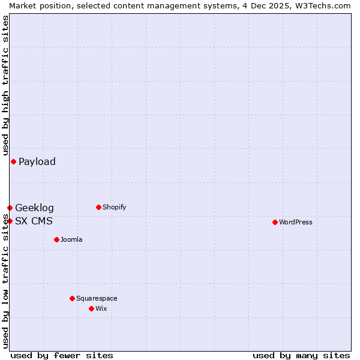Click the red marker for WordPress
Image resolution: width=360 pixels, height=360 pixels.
pyautogui.click(x=275, y=222)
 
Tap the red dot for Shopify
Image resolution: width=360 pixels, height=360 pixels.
pyautogui.click(x=98, y=207)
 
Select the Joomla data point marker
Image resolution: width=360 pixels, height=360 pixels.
pyautogui.click(x=56, y=239)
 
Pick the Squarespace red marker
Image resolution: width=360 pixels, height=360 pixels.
pyautogui.click(x=72, y=298)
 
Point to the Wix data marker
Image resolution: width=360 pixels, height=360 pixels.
pyautogui.click(x=91, y=308)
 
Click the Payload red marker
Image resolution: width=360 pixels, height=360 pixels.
pyautogui.click(x=13, y=161)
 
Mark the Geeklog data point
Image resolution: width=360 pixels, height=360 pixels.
pyautogui.click(x=10, y=208)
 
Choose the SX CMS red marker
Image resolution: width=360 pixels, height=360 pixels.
pyautogui.click(x=10, y=221)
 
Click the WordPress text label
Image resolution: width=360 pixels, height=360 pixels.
pyautogui.click(x=296, y=222)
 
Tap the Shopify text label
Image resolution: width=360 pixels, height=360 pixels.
pyautogui.click(x=114, y=207)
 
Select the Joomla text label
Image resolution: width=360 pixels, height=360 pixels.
pyautogui.click(x=71, y=239)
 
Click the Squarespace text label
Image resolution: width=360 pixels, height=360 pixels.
pyautogui.click(x=97, y=298)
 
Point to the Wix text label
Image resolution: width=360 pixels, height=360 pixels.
pyautogui.click(x=101, y=308)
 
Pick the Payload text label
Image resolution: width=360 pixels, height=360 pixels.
pyautogui.click(x=37, y=161)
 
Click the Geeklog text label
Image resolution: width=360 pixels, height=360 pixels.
pyautogui.click(x=34, y=208)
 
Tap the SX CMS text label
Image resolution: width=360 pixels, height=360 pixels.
pyautogui.click(x=34, y=221)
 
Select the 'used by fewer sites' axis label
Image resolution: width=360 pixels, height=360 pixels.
pyautogui.click(x=62, y=355)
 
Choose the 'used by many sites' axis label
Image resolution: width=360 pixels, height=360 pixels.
pyautogui.click(x=301, y=355)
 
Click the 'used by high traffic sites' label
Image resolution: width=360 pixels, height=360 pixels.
pyautogui.click(x=5, y=85)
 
